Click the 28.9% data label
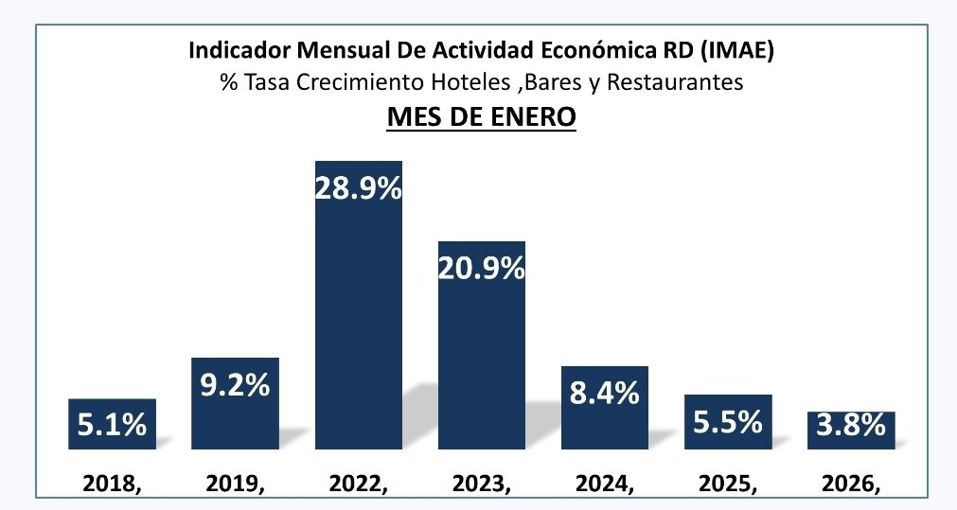pyautogui.click(x=358, y=187)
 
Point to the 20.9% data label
pyautogui.click(x=481, y=269)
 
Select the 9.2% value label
pyautogui.click(x=235, y=386)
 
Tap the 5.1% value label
pyautogui.click(x=112, y=425)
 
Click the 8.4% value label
pyautogui.click(x=604, y=392)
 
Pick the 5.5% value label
pyautogui.click(x=727, y=421)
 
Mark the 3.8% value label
pyautogui.click(x=850, y=427)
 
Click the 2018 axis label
pyautogui.click(x=112, y=484)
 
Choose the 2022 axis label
pyautogui.click(x=358, y=484)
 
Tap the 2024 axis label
pyautogui.click(x=604, y=484)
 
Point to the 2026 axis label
pyautogui.click(x=850, y=484)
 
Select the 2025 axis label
pyautogui.click(x=727, y=484)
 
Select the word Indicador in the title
pyautogui.click(x=234, y=50)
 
